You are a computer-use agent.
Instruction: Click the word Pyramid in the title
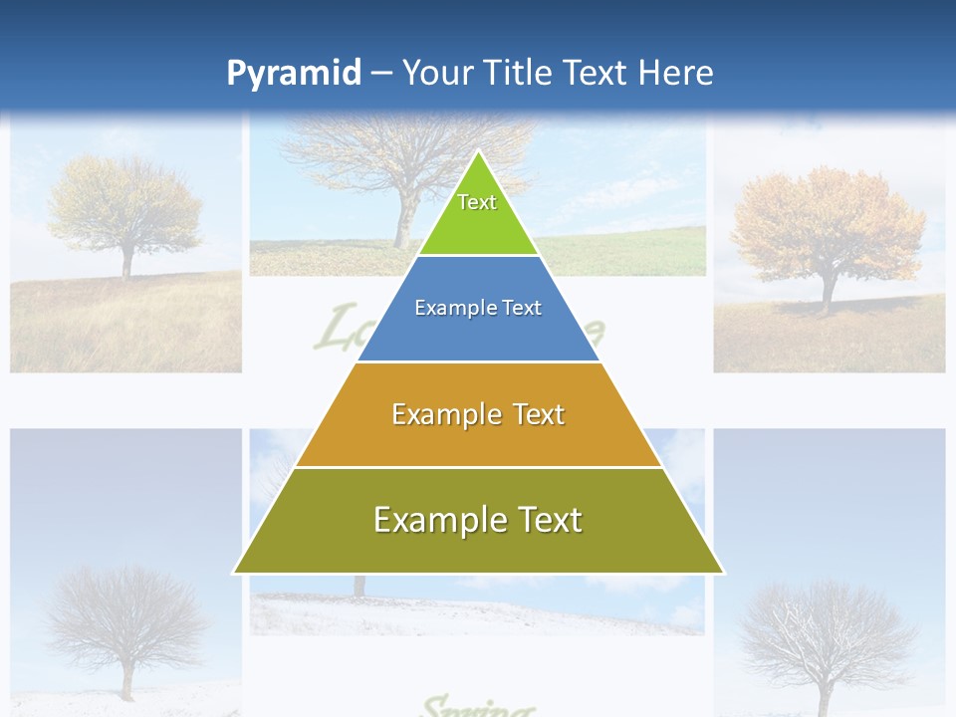click(293, 74)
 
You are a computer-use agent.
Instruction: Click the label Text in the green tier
click(477, 202)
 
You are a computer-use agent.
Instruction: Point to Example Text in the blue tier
click(478, 308)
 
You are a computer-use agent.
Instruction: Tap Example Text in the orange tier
click(478, 414)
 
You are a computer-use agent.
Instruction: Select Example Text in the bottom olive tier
click(478, 520)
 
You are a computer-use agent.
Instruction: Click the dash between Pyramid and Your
click(381, 74)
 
